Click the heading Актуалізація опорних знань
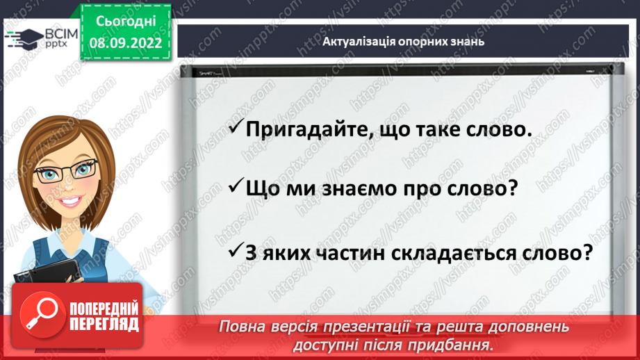tap(403, 42)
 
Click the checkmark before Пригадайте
tap(236, 128)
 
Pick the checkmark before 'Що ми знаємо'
tap(236, 188)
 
